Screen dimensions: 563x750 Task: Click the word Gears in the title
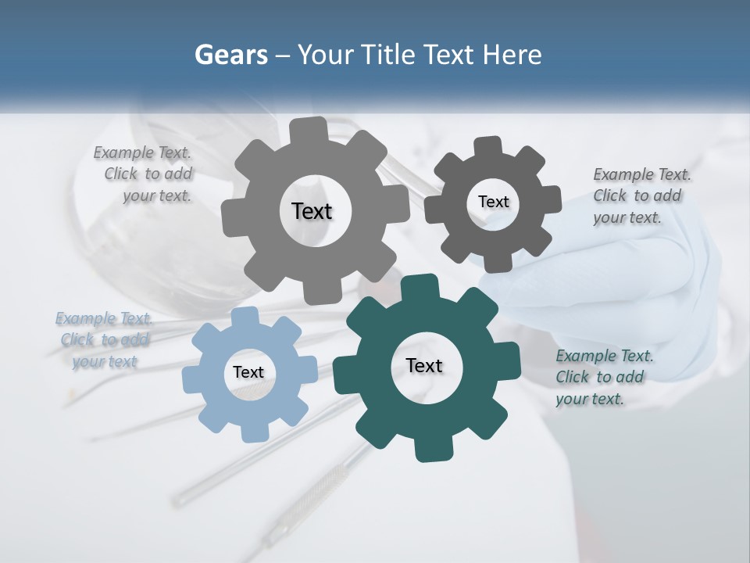[x=230, y=55]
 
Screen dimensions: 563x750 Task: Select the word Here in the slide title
[x=512, y=55]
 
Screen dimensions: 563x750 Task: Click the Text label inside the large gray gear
[x=312, y=211]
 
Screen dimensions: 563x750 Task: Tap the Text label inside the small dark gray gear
[x=493, y=202]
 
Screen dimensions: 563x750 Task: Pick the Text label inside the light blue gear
[x=248, y=373]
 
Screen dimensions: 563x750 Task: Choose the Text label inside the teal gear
[x=424, y=366]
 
